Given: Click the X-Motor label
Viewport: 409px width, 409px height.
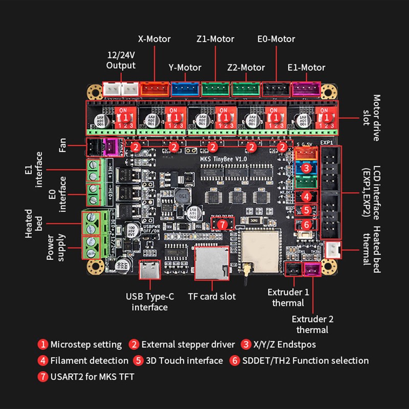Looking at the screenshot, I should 154,39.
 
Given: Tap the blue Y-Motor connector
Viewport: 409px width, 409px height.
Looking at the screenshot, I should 185,89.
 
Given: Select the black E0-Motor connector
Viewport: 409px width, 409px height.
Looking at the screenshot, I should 276,89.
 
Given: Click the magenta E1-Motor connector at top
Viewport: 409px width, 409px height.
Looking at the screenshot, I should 306,89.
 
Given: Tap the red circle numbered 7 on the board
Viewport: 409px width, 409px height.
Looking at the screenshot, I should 222,224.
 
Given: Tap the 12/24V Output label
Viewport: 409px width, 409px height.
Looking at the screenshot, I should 121,59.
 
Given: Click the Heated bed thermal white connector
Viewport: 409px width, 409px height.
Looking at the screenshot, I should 332,249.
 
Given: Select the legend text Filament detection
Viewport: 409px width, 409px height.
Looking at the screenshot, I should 89,360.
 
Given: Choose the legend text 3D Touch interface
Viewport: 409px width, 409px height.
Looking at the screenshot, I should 185,360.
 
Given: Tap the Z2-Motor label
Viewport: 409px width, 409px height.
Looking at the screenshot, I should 246,67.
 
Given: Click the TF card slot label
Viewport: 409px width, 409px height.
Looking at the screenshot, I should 212,296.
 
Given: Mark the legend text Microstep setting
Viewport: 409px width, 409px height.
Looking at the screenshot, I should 86,344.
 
